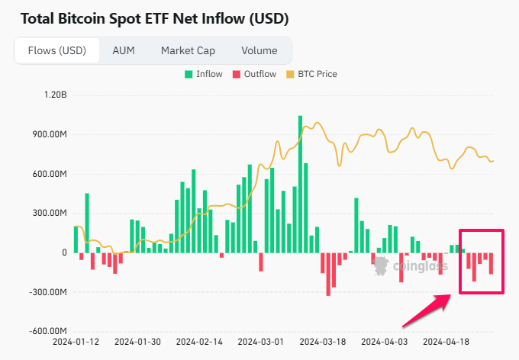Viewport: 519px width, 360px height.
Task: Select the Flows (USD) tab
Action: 56,51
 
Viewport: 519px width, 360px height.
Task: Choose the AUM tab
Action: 124,51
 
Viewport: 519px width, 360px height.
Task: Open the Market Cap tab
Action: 188,51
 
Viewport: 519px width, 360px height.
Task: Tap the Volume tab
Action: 259,51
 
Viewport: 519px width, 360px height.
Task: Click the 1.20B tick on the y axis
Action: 56,95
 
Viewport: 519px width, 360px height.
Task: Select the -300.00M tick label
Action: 49,292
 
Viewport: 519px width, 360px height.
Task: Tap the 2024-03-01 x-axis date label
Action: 260,342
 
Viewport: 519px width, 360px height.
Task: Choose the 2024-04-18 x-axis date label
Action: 446,342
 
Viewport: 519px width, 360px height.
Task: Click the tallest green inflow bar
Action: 300,183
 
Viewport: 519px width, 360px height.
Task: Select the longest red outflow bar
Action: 328,273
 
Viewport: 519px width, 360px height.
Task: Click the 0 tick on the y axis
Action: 64,253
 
